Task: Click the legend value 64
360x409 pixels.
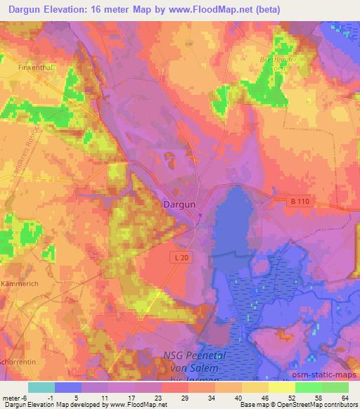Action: [x=345, y=397]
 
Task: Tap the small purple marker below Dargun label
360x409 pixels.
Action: [x=200, y=215]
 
